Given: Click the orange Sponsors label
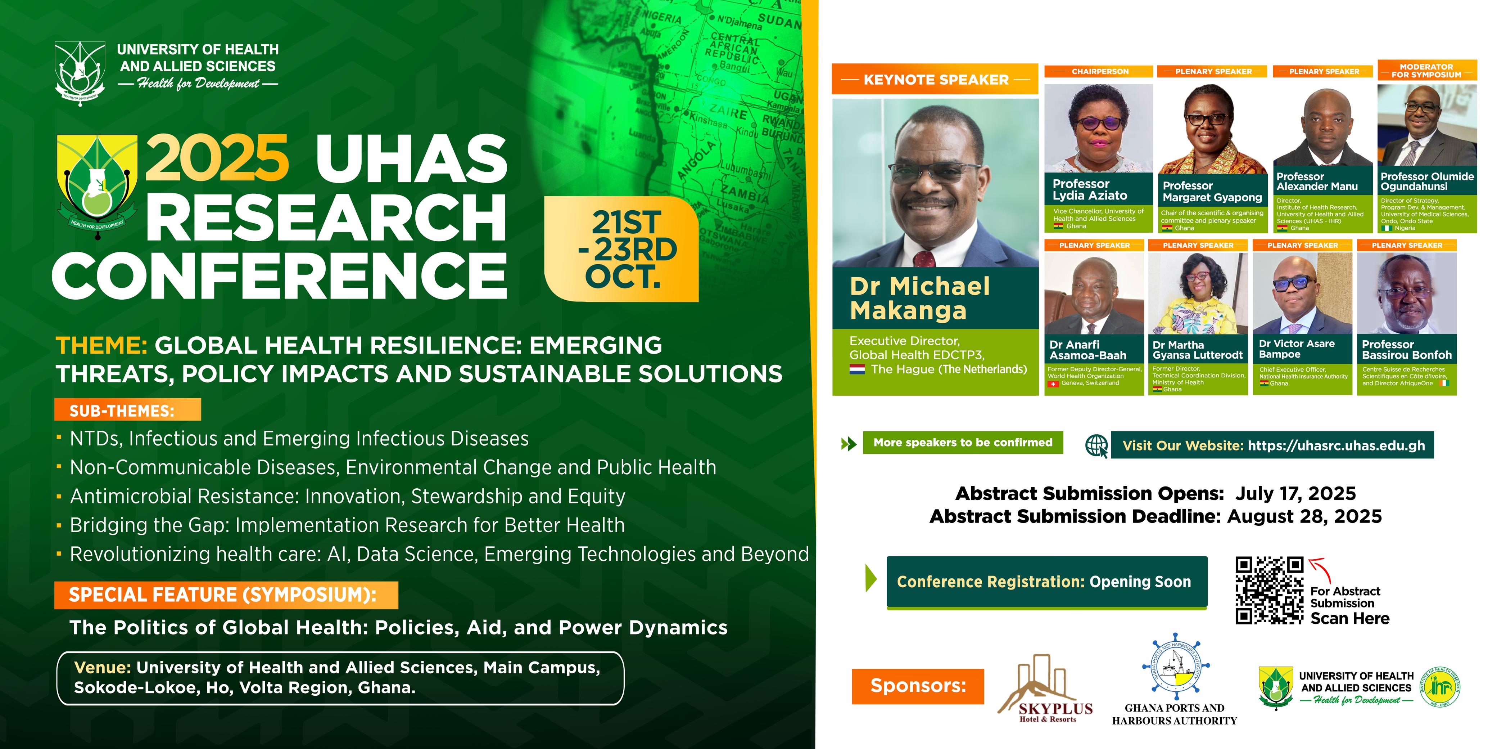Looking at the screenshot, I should (918, 686).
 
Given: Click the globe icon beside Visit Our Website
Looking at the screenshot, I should (1096, 446).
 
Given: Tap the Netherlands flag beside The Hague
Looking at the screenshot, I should (857, 369).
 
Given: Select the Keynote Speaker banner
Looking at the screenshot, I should (935, 80).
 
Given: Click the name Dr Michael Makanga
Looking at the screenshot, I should (919, 298).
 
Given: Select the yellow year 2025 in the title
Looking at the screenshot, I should (217, 158).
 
